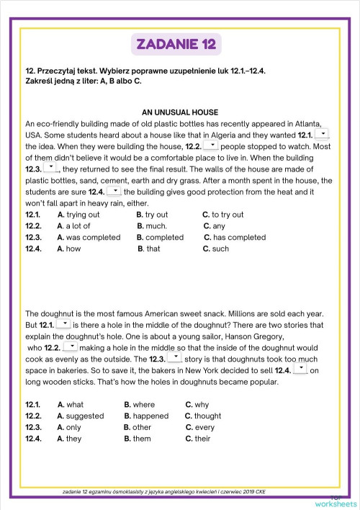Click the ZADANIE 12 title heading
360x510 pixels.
[x=179, y=45]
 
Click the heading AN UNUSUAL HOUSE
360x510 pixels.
[x=179, y=112]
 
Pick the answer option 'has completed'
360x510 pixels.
[x=238, y=237]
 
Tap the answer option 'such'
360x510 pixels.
[x=220, y=249]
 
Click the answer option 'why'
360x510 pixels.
[x=202, y=405]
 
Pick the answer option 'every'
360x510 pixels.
[x=204, y=427]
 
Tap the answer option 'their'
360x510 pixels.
[x=202, y=439]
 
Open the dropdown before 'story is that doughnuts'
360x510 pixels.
[x=175, y=357]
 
